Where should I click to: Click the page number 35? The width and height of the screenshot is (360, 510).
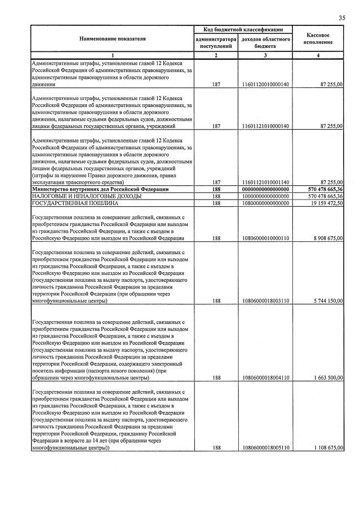coord(341,19)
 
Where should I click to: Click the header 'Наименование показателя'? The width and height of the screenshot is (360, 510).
coord(112,38)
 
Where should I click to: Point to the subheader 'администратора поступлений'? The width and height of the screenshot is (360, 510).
coord(215,43)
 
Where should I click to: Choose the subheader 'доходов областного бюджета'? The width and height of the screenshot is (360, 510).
coord(265,43)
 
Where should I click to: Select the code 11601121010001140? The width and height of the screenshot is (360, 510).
coord(265,183)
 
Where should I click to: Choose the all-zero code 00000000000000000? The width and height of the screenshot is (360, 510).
coord(265,189)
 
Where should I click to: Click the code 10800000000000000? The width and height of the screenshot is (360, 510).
coord(265,203)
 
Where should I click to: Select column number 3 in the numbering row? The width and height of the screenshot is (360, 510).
coord(265,55)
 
